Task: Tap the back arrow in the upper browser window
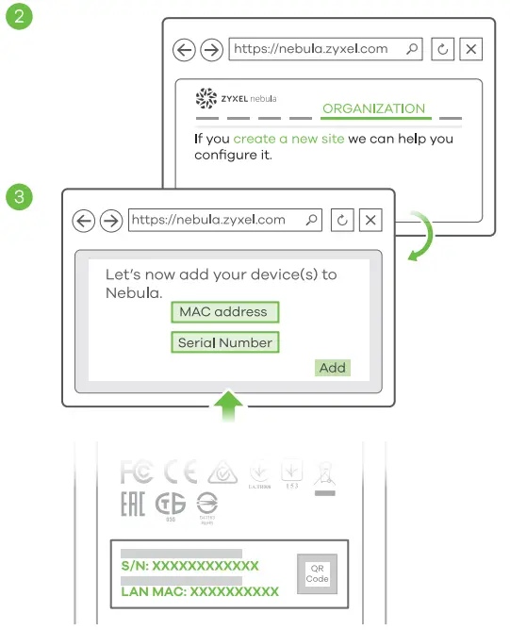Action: pyautogui.click(x=184, y=50)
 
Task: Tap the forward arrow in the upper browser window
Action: pyautogui.click(x=212, y=50)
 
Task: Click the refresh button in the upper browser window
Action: pyautogui.click(x=442, y=50)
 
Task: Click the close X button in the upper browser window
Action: pyautogui.click(x=472, y=50)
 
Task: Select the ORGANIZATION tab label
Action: pyautogui.click(x=373, y=108)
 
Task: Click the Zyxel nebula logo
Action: pyautogui.click(x=236, y=99)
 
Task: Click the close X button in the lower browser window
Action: pyautogui.click(x=371, y=221)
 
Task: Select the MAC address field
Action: pyautogui.click(x=224, y=312)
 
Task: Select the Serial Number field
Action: pyautogui.click(x=225, y=342)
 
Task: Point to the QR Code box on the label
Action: pyautogui.click(x=318, y=572)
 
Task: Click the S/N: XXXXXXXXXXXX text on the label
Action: pyautogui.click(x=189, y=566)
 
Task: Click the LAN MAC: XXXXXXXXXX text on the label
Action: pyautogui.click(x=200, y=591)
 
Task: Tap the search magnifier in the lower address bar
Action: pyautogui.click(x=312, y=221)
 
